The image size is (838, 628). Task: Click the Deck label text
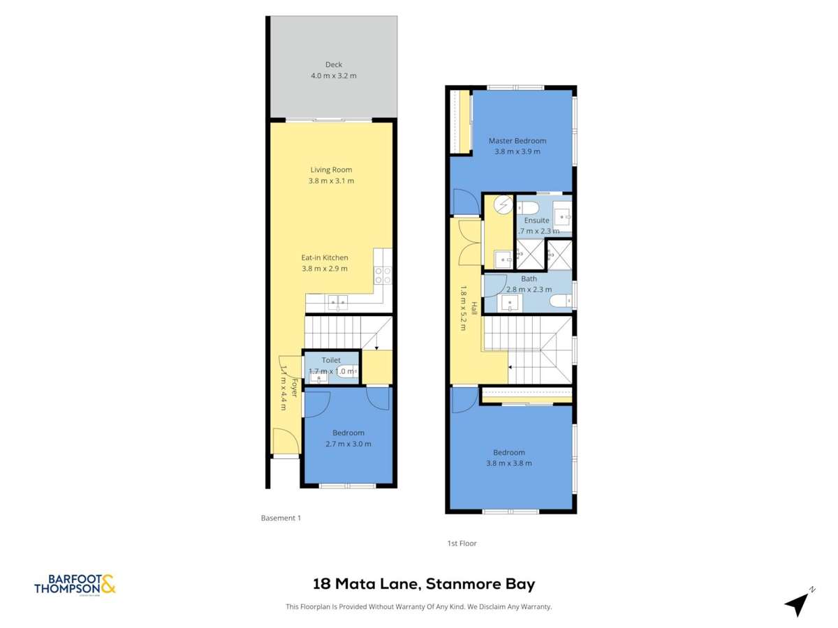point(333,64)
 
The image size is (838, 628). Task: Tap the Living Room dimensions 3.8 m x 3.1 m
point(331,181)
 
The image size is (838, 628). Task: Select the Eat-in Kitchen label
point(324,257)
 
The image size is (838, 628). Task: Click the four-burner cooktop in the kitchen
point(382,275)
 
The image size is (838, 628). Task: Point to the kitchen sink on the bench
point(338,303)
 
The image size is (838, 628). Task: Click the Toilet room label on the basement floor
point(331,360)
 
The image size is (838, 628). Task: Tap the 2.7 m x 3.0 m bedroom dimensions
point(348,444)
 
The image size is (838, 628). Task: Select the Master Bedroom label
point(517,140)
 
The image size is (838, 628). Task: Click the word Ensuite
point(537,220)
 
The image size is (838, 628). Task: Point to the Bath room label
point(529,278)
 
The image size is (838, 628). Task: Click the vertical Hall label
point(473,308)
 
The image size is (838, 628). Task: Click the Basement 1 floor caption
point(280,518)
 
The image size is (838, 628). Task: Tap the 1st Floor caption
point(462,543)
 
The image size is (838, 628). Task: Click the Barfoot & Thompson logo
point(75,584)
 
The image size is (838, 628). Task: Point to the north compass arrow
point(797,604)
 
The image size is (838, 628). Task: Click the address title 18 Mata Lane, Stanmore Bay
point(424,584)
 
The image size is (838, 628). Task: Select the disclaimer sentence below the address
point(419,606)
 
